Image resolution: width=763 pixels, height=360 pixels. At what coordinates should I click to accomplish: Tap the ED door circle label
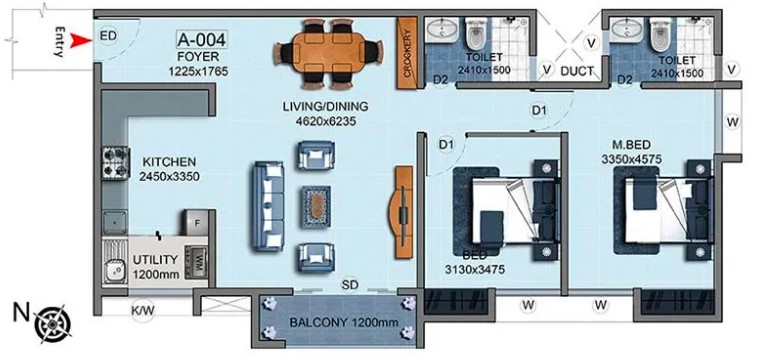pos(108,36)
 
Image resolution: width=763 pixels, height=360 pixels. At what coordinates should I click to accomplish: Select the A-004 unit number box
pos(201,39)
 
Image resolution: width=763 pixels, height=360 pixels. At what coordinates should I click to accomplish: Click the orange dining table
pos(328,54)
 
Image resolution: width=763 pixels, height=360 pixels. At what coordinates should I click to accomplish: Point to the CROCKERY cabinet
pos(407,54)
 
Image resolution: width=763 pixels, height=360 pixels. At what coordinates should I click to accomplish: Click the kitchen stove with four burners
pos(116,163)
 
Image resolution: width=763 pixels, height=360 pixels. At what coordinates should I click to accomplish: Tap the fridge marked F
pos(197,222)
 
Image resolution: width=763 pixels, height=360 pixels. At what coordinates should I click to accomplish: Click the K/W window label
pos(143,310)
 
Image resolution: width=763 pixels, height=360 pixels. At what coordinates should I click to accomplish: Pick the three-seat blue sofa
pos(268,207)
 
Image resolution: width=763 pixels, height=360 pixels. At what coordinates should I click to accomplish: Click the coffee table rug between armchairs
pos(317,207)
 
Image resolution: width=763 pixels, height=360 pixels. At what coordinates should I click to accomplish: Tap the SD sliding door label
pos(350,283)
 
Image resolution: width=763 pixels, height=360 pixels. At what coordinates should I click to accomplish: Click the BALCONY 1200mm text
pos(344,322)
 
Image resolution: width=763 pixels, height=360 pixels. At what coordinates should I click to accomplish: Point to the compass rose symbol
pos(53,323)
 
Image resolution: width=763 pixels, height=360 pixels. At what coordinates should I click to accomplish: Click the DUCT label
pos(577,71)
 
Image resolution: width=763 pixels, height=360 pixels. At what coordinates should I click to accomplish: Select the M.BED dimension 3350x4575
pos(632,159)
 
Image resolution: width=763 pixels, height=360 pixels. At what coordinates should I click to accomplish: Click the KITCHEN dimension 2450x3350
pos(169,176)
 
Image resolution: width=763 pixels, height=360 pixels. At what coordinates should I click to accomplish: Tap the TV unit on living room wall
pos(402,212)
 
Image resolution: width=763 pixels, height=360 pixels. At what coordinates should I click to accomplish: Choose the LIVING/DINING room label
pos(326,107)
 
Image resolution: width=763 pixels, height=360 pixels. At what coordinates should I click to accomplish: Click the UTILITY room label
pos(155,260)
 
